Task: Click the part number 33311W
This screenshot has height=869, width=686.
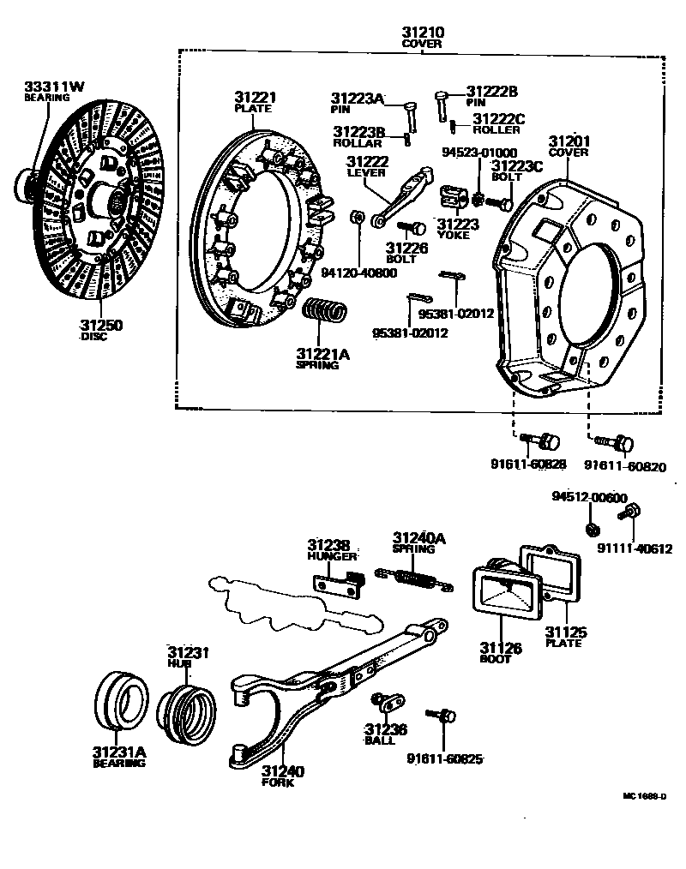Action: point(54,86)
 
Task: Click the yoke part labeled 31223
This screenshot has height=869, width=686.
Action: point(453,199)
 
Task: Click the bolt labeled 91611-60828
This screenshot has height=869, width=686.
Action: point(539,441)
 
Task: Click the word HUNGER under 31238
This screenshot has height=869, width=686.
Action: point(331,556)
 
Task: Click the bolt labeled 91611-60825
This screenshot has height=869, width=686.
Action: point(443,716)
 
